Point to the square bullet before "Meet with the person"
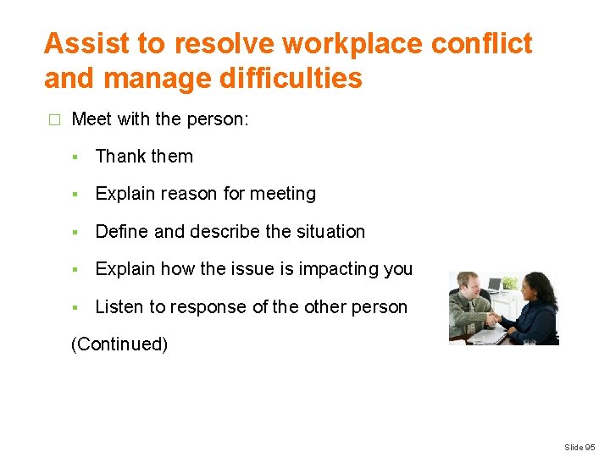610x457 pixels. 54,119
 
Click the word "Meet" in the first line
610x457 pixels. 91,119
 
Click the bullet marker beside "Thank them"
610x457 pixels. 76,157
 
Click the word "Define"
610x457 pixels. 122,231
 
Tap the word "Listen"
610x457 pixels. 120,306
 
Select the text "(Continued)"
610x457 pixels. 119,344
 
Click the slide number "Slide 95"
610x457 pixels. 579,447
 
